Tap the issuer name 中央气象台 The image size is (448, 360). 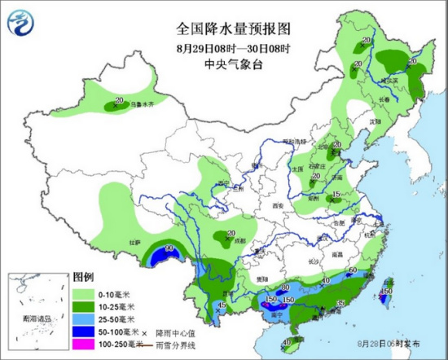[234, 60]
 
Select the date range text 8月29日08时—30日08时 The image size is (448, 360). [234, 46]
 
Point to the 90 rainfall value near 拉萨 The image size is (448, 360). [170, 248]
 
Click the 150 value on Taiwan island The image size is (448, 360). [389, 291]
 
